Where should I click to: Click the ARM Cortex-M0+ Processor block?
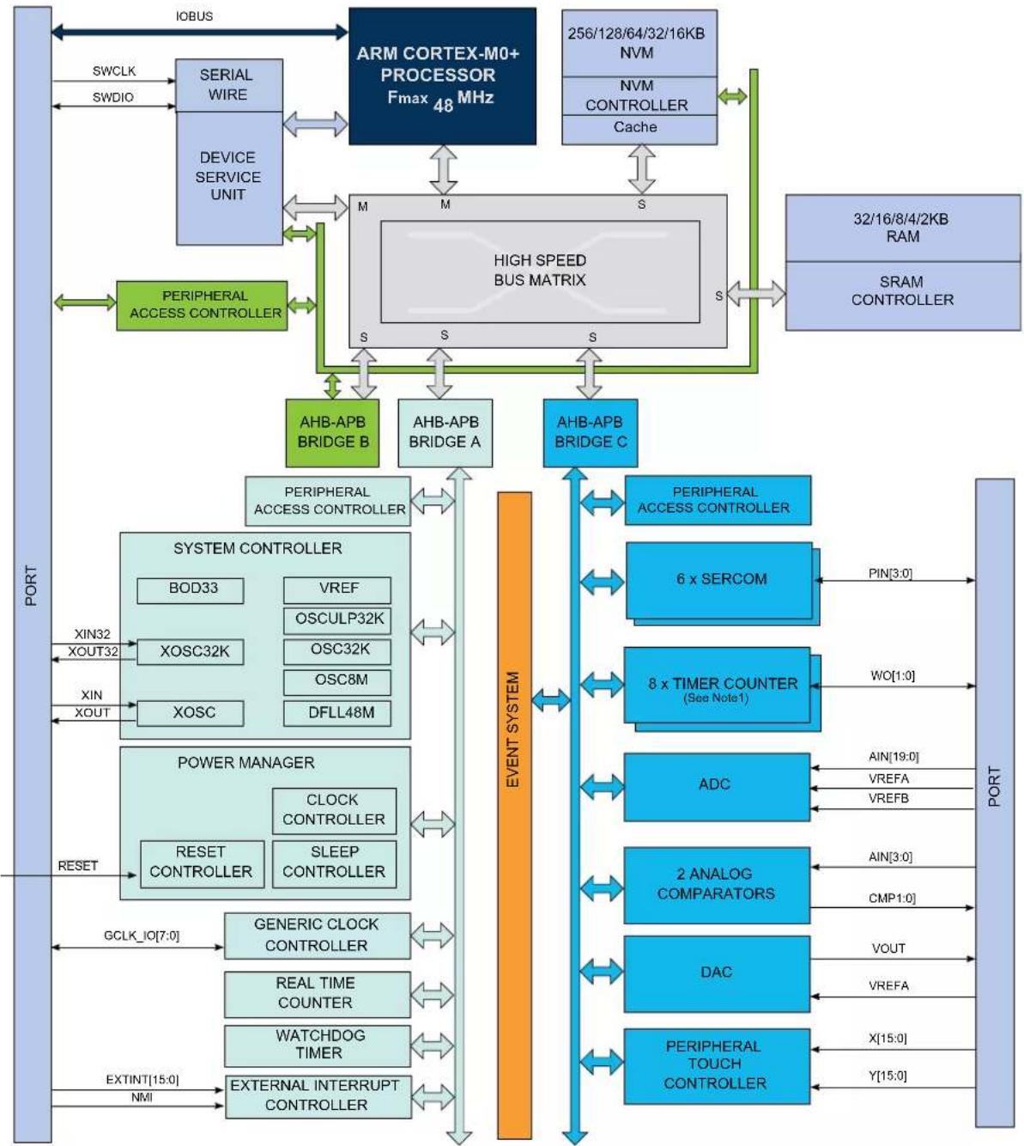click(442, 76)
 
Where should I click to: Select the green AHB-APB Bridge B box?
click(332, 433)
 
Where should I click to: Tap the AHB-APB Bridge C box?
click(591, 433)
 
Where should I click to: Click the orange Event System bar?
click(514, 815)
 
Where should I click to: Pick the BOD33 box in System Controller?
click(191, 590)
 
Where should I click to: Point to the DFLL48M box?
click(337, 713)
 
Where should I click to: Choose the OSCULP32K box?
click(337, 620)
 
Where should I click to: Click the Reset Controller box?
click(202, 863)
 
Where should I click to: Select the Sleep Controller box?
click(334, 863)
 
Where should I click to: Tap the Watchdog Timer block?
click(318, 1045)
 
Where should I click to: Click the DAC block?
click(717, 974)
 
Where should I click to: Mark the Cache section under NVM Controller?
click(639, 129)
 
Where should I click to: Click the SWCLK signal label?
click(114, 70)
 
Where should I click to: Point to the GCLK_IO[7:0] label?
click(142, 936)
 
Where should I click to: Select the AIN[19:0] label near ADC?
click(894, 756)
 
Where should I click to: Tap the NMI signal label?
click(142, 1097)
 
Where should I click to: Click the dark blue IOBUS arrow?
click(199, 32)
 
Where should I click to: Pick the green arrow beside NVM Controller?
click(732, 96)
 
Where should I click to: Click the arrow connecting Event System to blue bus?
click(551, 700)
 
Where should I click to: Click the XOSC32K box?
click(191, 652)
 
